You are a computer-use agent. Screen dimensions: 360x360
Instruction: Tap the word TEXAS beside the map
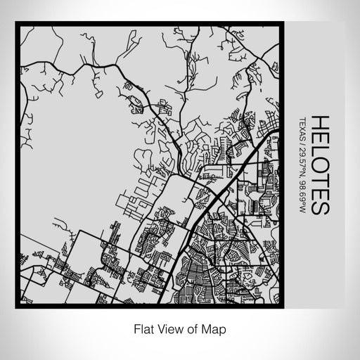pos(302,129)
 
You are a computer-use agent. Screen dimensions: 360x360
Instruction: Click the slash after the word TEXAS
pos(302,144)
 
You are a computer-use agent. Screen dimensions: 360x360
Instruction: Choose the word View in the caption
pos(169,328)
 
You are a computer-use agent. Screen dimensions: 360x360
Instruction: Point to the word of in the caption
pos(193,328)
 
